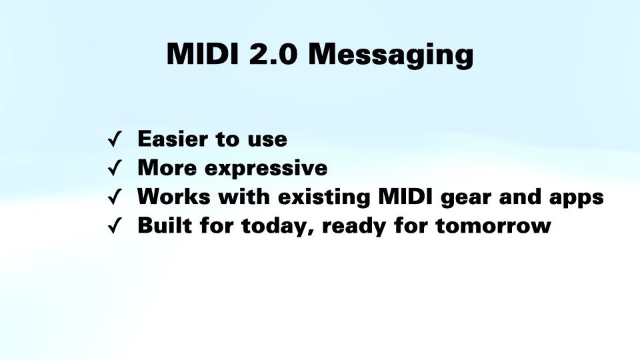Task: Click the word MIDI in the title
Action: [x=203, y=53]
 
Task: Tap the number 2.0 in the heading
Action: [x=273, y=53]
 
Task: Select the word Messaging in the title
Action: [x=391, y=55]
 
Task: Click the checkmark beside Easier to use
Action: [x=115, y=139]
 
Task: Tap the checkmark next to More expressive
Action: [x=115, y=168]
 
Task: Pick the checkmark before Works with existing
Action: [x=115, y=197]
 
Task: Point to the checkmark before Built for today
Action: [x=115, y=226]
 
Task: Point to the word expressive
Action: [x=266, y=169]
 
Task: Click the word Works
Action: [x=174, y=196]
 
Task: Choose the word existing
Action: [x=324, y=197]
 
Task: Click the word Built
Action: [x=165, y=225]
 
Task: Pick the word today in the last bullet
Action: [x=277, y=227]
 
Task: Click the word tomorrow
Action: [x=493, y=226]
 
